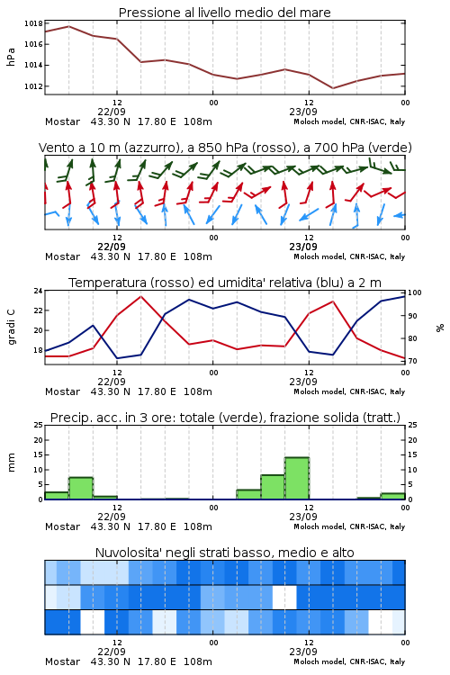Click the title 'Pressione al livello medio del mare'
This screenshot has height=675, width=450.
click(224, 13)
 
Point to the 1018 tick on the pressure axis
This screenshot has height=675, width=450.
click(33, 23)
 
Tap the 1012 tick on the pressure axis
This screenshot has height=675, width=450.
click(33, 86)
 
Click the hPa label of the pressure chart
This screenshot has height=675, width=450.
click(11, 57)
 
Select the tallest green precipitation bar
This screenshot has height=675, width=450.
click(297, 478)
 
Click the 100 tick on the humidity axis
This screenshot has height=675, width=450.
click(415, 292)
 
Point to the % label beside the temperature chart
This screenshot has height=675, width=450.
click(440, 328)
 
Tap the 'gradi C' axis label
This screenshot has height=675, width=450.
click(12, 327)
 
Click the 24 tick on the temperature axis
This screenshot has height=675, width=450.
click(38, 291)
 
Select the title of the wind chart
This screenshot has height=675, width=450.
click(225, 148)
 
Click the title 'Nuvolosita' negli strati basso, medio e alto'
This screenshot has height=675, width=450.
click(224, 553)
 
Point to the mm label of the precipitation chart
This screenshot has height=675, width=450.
click(11, 463)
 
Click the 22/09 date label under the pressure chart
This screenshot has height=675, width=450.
click(112, 112)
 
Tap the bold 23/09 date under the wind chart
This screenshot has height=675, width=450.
click(303, 247)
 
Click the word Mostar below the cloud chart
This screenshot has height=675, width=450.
click(62, 661)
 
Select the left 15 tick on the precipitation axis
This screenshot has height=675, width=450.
click(38, 454)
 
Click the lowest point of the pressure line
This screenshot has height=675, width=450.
click(332, 88)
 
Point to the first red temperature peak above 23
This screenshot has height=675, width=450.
click(140, 296)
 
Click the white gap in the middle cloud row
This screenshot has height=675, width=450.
click(284, 597)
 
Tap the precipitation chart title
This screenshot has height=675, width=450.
click(225, 418)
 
